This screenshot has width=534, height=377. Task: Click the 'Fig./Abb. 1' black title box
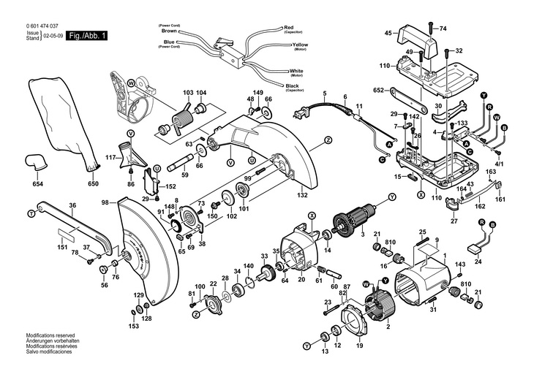(86, 36)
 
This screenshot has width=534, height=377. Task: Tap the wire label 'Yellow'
(300, 45)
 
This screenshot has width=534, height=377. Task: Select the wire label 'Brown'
(169, 31)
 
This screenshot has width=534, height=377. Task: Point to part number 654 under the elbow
(38, 184)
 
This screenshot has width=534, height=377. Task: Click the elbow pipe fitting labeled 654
(35, 164)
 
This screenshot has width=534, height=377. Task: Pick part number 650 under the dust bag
(93, 183)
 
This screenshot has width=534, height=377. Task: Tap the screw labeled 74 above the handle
(430, 28)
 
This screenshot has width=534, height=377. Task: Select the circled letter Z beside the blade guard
(328, 140)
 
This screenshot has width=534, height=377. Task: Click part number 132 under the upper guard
(301, 195)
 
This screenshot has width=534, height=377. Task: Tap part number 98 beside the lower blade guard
(105, 203)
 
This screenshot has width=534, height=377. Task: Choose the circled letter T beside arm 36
(31, 213)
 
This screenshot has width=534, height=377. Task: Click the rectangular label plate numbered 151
(67, 233)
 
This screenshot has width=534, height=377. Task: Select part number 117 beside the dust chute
(110, 158)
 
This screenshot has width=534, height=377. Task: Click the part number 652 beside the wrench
(378, 91)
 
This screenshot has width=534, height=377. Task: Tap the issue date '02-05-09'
(53, 36)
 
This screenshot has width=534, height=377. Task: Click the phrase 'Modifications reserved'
(50, 335)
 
